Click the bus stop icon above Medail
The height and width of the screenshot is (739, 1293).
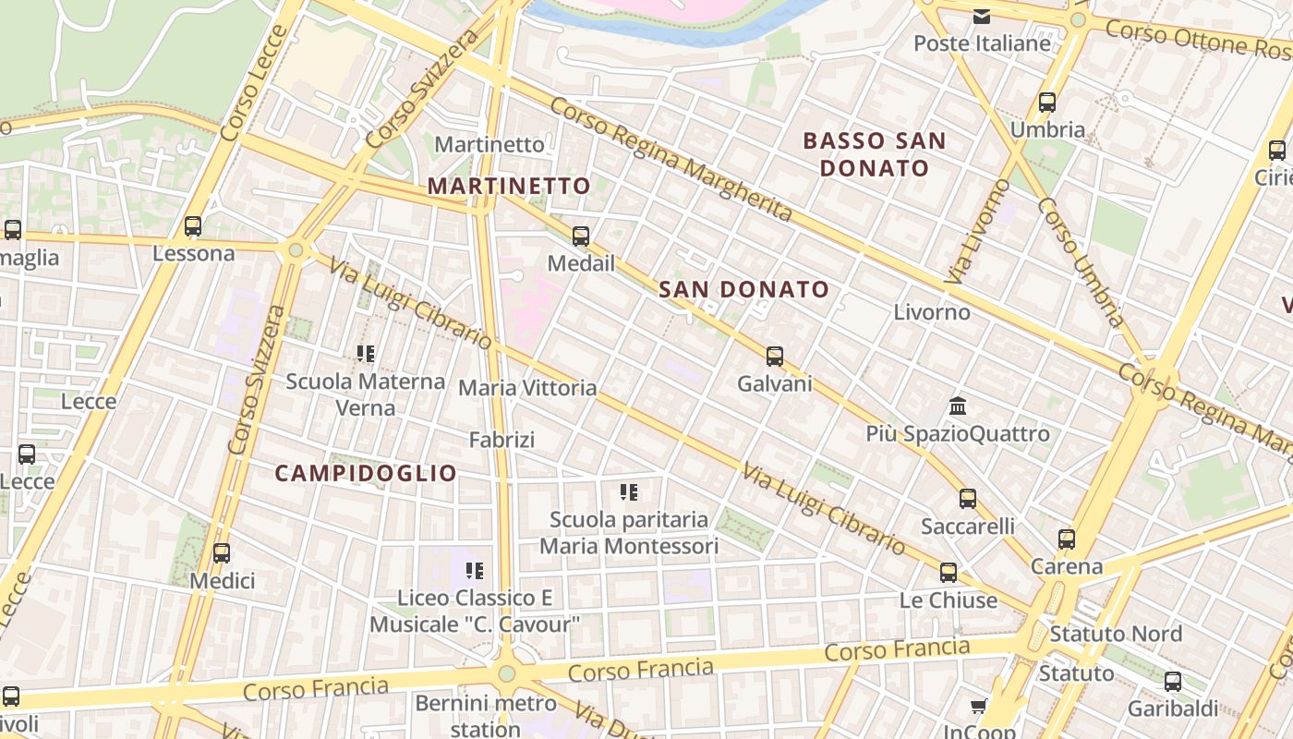tap(580, 236)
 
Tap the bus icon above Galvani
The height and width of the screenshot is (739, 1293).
tap(775, 356)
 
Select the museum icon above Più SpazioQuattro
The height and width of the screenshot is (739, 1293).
tap(958, 406)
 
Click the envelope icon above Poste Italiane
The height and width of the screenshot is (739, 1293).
tap(981, 16)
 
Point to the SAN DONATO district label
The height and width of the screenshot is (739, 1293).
tap(744, 289)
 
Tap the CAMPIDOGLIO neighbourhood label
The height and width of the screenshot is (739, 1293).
tap(367, 473)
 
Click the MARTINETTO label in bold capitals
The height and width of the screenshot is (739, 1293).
tap(509, 186)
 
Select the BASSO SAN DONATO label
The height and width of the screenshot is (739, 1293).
tap(875, 154)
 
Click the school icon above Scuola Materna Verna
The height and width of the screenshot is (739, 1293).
tap(366, 353)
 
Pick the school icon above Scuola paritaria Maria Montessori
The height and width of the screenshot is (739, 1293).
tap(629, 491)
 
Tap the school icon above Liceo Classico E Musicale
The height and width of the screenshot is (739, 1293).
tap(475, 571)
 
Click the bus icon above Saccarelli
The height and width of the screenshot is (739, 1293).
tap(968, 499)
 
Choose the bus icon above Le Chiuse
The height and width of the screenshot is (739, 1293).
tap(949, 572)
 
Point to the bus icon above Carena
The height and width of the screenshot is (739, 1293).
tap(1067, 539)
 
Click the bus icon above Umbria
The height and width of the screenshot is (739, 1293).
tap(1047, 103)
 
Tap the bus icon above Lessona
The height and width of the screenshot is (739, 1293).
tap(193, 226)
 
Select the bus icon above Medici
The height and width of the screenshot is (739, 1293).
tap(222, 553)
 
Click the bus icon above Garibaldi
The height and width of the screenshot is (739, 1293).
tap(1173, 683)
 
